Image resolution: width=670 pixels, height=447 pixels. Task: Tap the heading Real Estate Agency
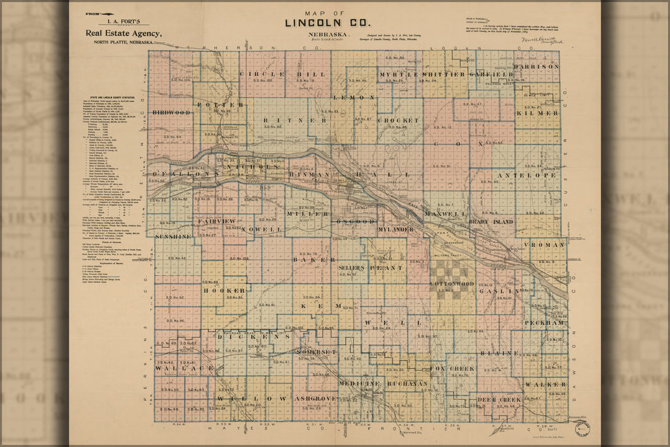coord(124,34)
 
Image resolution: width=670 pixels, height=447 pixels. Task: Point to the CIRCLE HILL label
coord(282,74)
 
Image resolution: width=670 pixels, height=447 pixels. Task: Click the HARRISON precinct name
coord(536,66)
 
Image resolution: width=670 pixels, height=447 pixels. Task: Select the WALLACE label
coord(184,368)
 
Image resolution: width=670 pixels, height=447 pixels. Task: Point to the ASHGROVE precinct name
coord(315,398)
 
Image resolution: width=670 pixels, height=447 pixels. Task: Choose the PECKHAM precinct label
coord(544,323)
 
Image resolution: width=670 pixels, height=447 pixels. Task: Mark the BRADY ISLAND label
coord(491,221)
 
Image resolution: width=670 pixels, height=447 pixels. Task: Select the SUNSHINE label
coord(173,236)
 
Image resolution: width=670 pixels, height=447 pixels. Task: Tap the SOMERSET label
coord(316,352)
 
